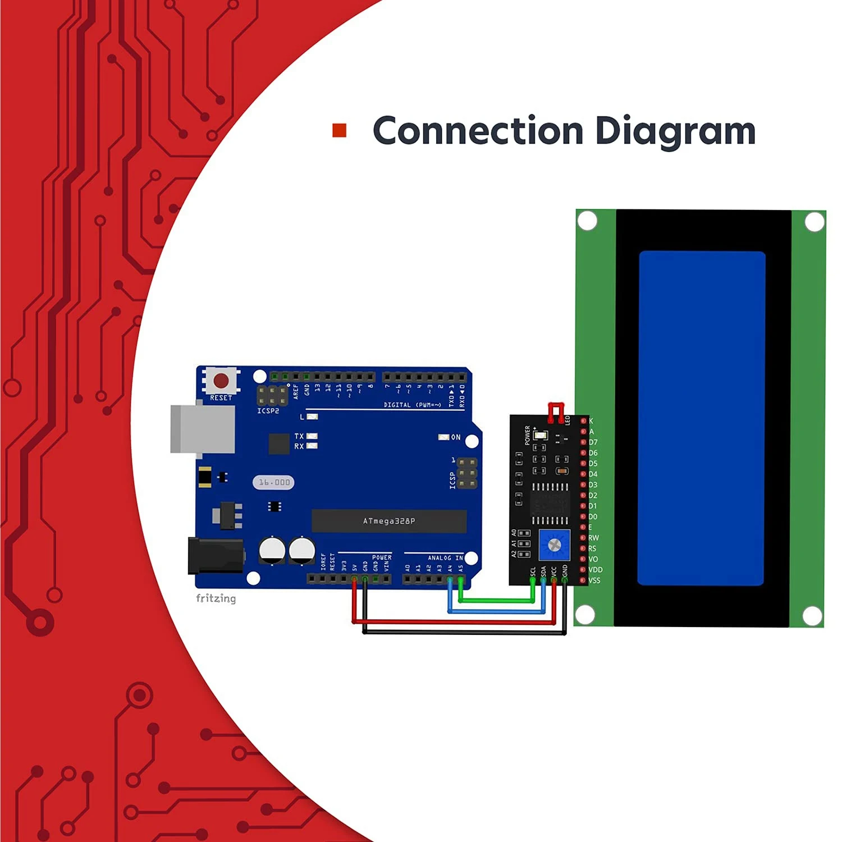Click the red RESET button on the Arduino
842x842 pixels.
click(221, 381)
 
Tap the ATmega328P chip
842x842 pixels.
click(389, 521)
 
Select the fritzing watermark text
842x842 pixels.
click(216, 598)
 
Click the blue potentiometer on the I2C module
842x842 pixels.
click(554, 544)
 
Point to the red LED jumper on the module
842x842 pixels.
click(556, 412)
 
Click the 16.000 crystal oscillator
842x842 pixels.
click(274, 482)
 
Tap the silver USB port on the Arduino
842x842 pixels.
click(203, 428)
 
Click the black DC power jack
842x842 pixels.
click(216, 556)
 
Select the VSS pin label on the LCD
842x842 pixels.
click(594, 580)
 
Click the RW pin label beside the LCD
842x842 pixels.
click(593, 538)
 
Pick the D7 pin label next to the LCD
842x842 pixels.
click(593, 442)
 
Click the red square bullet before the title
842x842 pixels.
click(339, 130)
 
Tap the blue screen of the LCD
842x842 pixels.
click(701, 418)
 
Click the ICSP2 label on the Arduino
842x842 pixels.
click(268, 411)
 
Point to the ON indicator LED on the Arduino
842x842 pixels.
click(444, 437)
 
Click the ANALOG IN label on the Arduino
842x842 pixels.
click(445, 558)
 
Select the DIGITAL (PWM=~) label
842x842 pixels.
click(412, 405)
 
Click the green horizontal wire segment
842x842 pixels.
click(497, 601)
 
